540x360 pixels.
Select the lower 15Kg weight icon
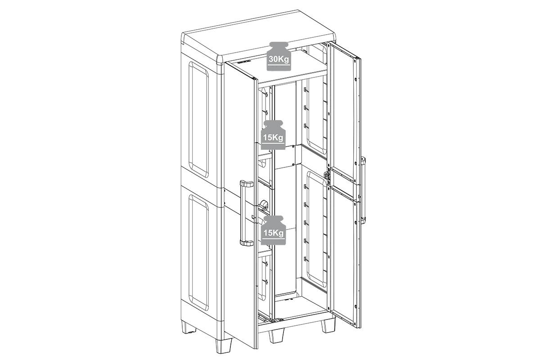pos(273,230)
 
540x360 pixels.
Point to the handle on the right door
pos(363,190)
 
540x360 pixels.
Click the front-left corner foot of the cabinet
pos(224,345)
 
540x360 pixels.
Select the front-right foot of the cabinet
pos(328,325)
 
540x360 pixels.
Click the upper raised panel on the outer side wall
pos(198,120)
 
